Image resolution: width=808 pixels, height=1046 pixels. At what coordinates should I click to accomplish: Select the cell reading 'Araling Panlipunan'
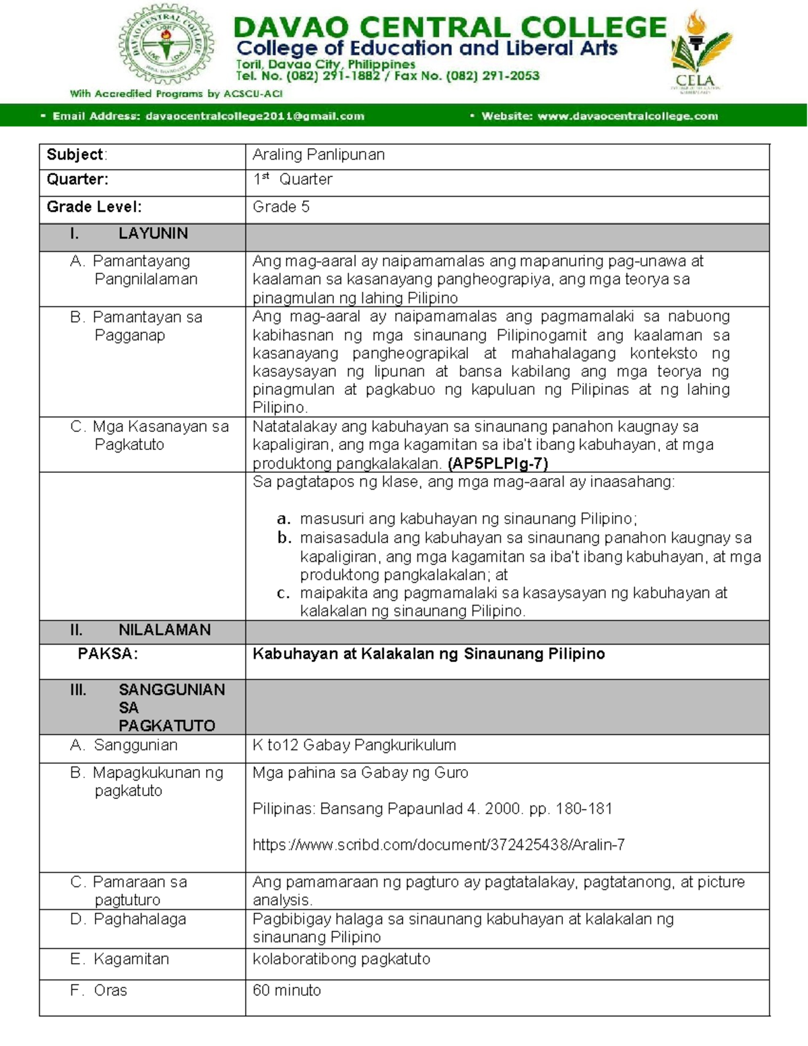coord(318,154)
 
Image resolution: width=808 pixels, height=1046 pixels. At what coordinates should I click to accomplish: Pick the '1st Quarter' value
coord(292,180)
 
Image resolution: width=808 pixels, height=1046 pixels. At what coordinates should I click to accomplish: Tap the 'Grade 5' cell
coord(281,207)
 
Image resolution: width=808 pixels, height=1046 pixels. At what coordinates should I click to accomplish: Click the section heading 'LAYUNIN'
coord(153,234)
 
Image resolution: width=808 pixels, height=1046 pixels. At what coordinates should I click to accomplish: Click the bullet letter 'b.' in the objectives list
coord(283,538)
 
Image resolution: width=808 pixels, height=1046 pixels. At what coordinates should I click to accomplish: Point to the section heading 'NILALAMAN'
coord(164,630)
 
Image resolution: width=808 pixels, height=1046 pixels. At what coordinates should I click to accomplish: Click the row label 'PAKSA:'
coord(108,653)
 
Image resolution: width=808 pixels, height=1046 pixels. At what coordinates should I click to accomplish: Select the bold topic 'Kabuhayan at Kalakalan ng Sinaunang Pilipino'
coord(428,653)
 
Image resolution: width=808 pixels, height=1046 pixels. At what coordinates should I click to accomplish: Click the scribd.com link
coord(438,845)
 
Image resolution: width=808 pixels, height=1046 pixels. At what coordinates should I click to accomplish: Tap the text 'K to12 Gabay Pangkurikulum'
coord(354,745)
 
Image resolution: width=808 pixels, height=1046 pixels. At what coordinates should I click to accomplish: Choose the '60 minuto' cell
coord(287,990)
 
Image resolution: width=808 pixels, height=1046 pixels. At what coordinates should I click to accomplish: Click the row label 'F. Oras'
coord(98,990)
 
